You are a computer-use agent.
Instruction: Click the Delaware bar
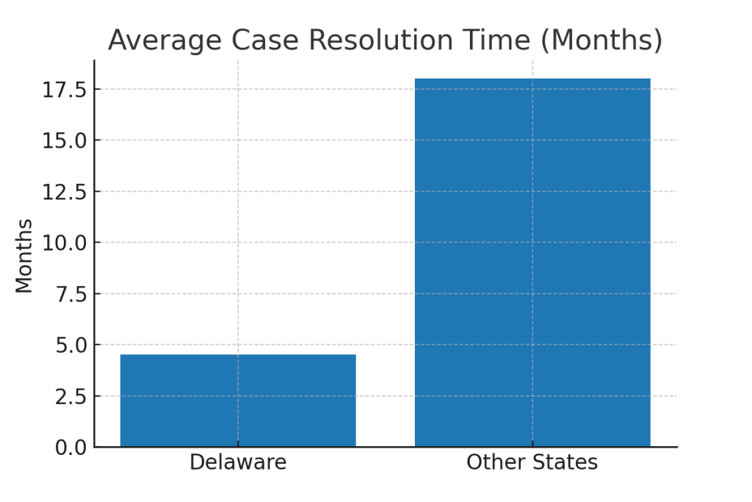click(x=238, y=401)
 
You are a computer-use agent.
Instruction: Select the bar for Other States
click(x=532, y=262)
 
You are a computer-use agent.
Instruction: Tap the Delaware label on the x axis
click(x=238, y=463)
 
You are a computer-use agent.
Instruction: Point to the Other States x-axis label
click(x=532, y=463)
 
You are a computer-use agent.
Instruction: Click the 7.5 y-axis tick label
click(x=71, y=294)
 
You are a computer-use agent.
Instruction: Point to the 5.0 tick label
click(x=71, y=345)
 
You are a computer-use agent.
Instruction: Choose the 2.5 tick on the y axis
click(x=71, y=396)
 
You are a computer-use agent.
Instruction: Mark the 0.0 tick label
click(x=71, y=447)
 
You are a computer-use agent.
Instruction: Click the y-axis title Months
click(x=24, y=256)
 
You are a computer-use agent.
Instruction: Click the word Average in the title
click(x=154, y=40)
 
